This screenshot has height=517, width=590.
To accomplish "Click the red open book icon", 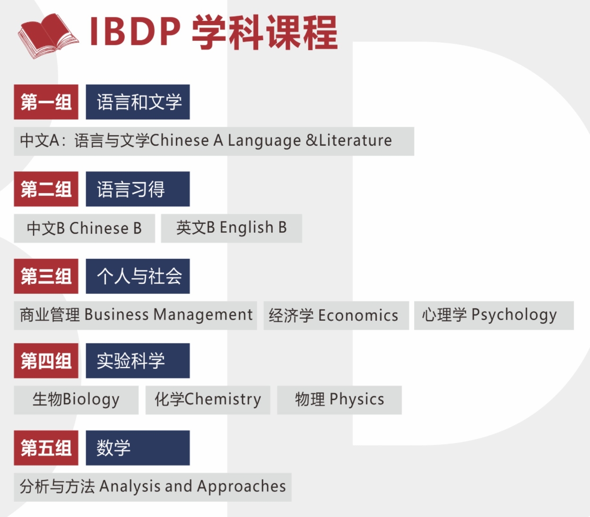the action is coord(48,36).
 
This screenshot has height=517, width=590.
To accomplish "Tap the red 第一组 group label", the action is coord(46,102).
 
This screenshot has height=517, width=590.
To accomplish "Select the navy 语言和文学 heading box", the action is coord(138,102).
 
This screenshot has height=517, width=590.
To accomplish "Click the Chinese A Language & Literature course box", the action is coord(214,141).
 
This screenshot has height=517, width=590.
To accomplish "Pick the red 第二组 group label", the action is coord(46,189).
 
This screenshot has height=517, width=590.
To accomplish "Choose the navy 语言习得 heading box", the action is coord(138,189).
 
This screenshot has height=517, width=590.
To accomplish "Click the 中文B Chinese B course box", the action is coord(85,228).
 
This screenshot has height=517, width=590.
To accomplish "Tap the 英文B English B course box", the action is coord(231,228).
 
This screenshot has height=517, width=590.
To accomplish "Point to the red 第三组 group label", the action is coord(46,276).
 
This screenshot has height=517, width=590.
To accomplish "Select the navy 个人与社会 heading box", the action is coord(138,276).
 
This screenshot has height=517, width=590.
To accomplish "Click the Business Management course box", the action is coord(136,315).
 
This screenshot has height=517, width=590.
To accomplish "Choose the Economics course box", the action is coord(336,315).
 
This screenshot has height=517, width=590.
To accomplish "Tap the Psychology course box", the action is coord(494,315).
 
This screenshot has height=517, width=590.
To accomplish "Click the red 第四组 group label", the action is coord(46,360).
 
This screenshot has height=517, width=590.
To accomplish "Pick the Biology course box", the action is coord(76,400).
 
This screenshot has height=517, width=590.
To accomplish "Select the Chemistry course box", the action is coord(208,400).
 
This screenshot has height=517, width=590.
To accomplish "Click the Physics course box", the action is coord(339,400).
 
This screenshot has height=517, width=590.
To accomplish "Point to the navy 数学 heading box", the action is coord(138,448).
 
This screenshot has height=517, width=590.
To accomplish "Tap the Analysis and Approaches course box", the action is coord(153,487).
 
